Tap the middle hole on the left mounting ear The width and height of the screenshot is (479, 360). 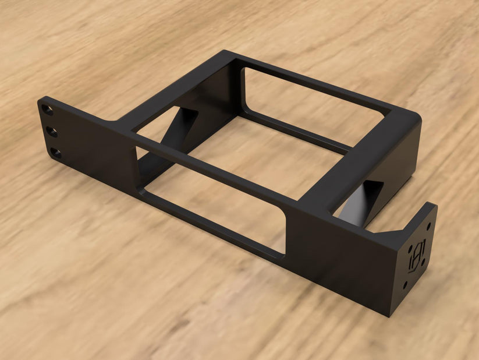(x=51, y=131)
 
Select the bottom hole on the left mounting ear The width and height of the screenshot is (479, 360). (x=56, y=153)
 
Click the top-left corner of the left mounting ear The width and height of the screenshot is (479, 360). (x=41, y=100)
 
